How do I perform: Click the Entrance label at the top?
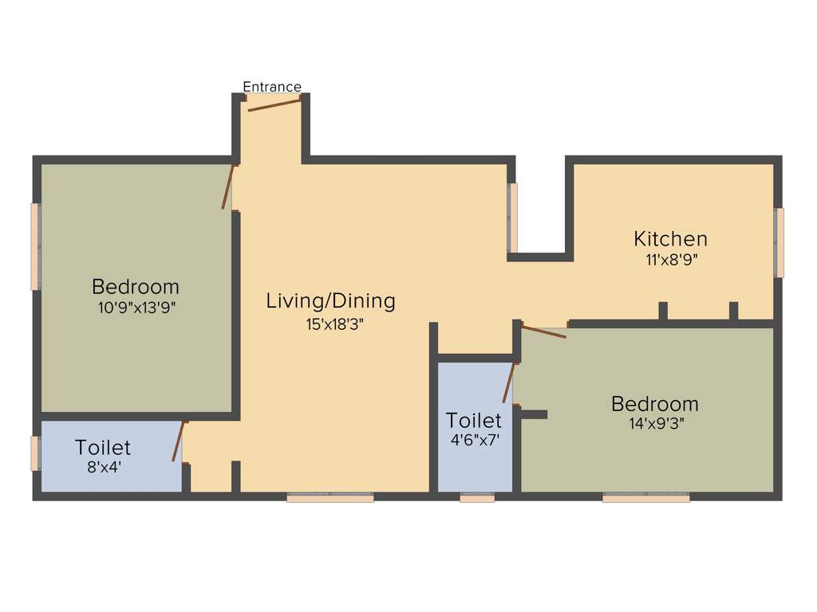272,87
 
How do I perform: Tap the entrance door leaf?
274,105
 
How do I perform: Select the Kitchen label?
670,238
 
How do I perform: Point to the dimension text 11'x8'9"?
670,259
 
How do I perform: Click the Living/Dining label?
330,301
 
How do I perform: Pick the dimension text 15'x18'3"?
330,324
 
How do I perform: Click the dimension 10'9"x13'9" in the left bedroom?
136,308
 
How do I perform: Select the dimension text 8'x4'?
104,468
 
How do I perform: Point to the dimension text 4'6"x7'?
474,439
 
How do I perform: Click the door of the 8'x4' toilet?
178,441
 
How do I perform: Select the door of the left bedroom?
228,186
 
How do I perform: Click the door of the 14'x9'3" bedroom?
543,331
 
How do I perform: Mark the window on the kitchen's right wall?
780,242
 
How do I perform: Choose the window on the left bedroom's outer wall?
35,247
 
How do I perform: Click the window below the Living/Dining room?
330,497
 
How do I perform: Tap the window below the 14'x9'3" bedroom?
645,497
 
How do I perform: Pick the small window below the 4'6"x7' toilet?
477,497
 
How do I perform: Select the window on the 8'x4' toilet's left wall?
35,453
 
